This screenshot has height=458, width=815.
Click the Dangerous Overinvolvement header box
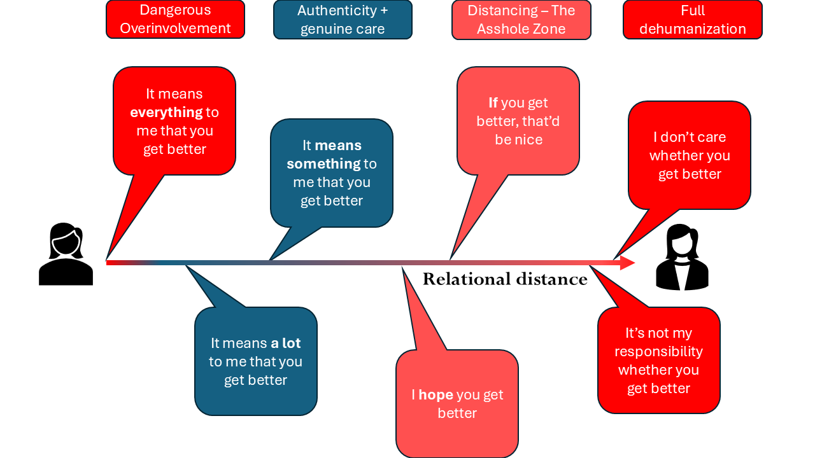pos(175,19)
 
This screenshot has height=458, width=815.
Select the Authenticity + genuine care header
pos(343,19)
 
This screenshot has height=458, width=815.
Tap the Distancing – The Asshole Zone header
pos(521,19)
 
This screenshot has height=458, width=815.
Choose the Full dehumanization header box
pos(692,19)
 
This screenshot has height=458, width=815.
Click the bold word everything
pos(166,113)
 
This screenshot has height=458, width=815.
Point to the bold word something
pos(323,164)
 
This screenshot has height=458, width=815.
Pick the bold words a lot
pos(286,343)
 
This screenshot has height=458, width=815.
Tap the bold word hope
pos(436,395)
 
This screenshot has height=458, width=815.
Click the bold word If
pos(493,103)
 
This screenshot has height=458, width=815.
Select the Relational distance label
pos(505,279)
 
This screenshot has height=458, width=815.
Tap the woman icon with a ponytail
pos(66,254)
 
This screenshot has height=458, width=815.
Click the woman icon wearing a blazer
pos(682,257)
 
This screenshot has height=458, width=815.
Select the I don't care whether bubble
pos(690,155)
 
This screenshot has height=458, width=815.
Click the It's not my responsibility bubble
pos(658,360)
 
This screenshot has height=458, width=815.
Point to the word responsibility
pos(658,352)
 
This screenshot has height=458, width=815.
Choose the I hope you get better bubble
pos(457,403)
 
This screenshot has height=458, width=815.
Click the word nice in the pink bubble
pos(519,140)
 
